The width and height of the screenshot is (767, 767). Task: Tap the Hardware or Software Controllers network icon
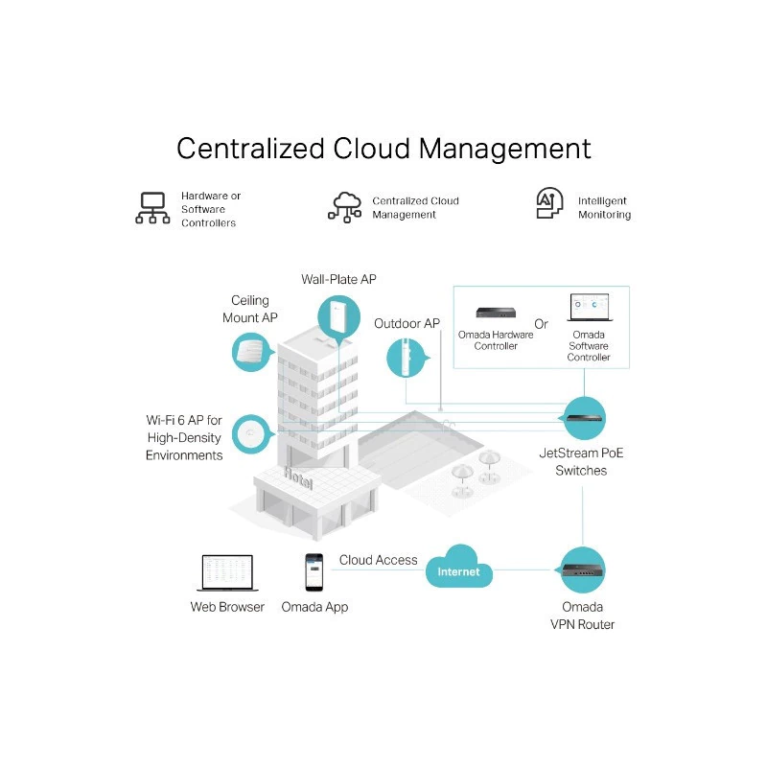tap(152, 208)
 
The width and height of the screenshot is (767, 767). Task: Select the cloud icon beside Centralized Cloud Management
tap(345, 206)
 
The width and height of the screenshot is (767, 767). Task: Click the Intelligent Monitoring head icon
tap(549, 204)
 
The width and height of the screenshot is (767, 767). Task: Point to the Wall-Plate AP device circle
tap(338, 316)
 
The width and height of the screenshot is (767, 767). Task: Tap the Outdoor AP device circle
tap(407, 357)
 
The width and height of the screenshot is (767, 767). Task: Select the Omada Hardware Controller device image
tap(496, 313)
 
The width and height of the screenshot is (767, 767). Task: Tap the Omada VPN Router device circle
tap(583, 569)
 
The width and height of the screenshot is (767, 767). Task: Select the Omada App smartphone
tap(314, 571)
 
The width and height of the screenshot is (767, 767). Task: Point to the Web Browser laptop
tap(227, 572)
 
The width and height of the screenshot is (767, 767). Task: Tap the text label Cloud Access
tap(378, 560)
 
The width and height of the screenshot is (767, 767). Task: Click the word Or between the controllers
tap(542, 324)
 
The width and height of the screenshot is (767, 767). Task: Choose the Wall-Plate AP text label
tap(338, 279)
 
